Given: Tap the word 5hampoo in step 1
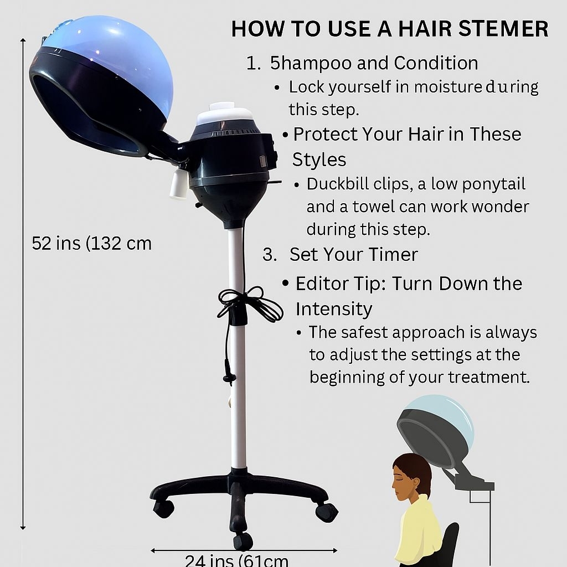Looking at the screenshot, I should (x=303, y=63).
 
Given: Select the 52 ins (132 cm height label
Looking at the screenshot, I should (x=91, y=244).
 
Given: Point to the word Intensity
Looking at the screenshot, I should (x=333, y=308).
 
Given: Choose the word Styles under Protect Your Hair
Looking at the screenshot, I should (x=319, y=160).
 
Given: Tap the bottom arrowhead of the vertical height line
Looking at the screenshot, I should (x=23, y=527).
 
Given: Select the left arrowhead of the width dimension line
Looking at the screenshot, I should (x=153, y=550).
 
